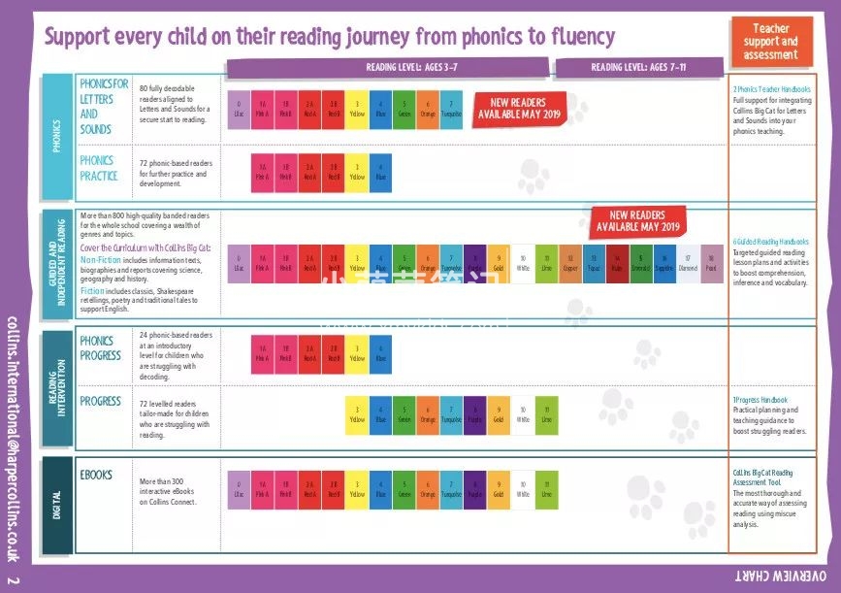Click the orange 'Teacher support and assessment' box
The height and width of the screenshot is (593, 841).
[x=770, y=42]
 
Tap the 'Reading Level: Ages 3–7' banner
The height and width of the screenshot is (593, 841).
[x=391, y=68]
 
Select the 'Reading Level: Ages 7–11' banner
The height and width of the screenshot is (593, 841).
[x=638, y=68]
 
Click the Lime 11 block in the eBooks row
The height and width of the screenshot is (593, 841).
[x=546, y=488]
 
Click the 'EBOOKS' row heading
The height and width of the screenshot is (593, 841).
[x=96, y=476]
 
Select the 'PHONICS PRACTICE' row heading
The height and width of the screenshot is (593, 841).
[x=98, y=168]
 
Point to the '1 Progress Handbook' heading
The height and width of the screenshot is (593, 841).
[x=760, y=400]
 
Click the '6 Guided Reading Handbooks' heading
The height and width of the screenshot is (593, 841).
[x=771, y=241]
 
